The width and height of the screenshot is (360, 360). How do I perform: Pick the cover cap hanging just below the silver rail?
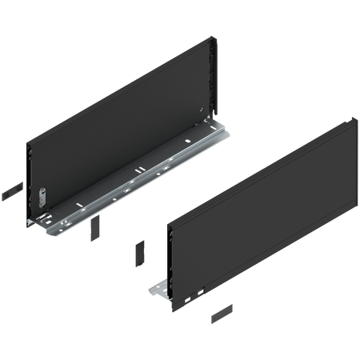(94, 230)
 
